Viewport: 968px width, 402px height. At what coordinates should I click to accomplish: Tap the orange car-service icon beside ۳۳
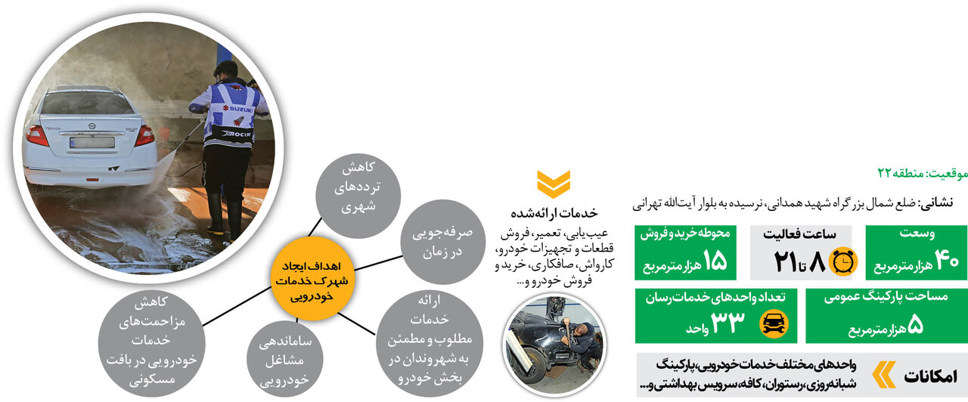coord(773,323)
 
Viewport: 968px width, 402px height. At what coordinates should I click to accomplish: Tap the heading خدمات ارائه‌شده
coord(554,212)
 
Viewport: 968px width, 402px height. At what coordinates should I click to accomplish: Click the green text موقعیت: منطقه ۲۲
coord(922,173)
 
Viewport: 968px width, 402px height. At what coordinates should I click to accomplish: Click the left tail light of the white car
coord(36,136)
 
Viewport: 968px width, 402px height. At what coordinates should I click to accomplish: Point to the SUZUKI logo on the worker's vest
coord(241,109)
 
